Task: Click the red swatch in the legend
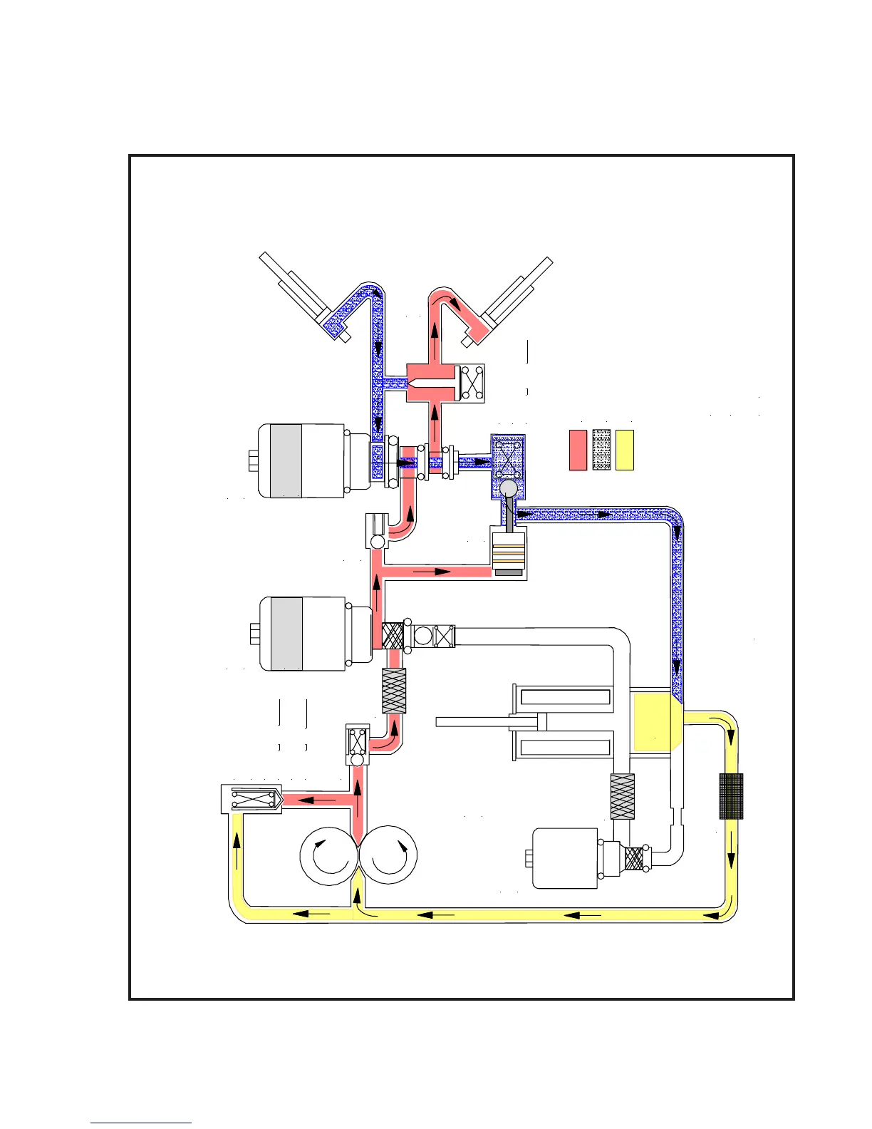[578, 450]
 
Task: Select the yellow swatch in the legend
[625, 450]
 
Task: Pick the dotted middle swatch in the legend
[601, 450]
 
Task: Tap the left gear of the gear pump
[326, 855]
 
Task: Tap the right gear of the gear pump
[388, 855]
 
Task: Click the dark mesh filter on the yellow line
[731, 796]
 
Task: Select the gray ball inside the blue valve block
[509, 488]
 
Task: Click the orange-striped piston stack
[509, 552]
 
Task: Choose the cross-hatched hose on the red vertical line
[394, 691]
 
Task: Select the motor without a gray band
[565, 858]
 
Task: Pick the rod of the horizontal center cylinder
[474, 722]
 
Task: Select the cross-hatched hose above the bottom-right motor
[622, 796]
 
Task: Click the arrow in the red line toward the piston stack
[432, 572]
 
